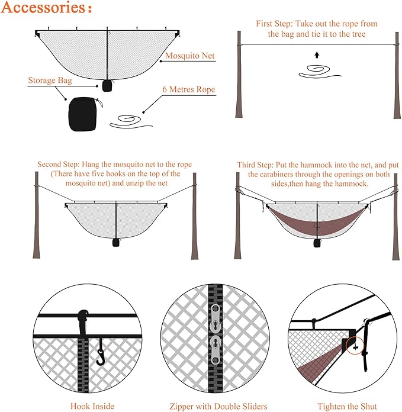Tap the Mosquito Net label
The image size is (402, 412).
pyautogui.click(x=189, y=57)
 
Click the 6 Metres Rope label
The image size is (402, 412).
pyautogui.click(x=188, y=90)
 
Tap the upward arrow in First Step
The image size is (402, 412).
pyautogui.click(x=317, y=54)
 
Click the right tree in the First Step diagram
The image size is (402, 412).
pyautogui.click(x=396, y=83)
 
